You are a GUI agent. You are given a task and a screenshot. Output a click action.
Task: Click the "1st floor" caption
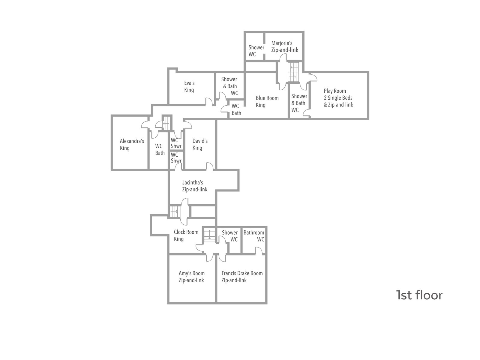coord(419,295)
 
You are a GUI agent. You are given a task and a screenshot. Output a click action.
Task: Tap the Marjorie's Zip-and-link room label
coord(285,46)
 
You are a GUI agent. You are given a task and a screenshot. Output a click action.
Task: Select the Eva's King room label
coord(189,86)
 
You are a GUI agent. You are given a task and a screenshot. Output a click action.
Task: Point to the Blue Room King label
coord(267,101)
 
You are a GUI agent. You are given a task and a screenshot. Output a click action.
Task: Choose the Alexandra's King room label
coord(132,145)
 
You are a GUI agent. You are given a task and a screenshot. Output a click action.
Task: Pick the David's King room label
coord(200,144)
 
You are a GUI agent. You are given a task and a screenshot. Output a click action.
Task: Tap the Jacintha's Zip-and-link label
coord(195,186)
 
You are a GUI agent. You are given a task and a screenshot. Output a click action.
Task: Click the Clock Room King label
coord(186,235)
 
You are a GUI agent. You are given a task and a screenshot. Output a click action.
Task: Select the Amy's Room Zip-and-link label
coord(192,277)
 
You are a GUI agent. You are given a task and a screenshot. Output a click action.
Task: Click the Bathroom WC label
coord(254,236)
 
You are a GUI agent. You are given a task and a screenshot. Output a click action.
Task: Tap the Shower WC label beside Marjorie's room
coord(256,51)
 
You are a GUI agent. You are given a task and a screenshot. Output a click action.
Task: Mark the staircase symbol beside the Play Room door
coord(293,72)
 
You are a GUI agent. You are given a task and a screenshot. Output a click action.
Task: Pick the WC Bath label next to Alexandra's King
coord(160,149)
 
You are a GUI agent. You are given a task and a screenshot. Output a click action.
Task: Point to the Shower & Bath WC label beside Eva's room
coord(229,86)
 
